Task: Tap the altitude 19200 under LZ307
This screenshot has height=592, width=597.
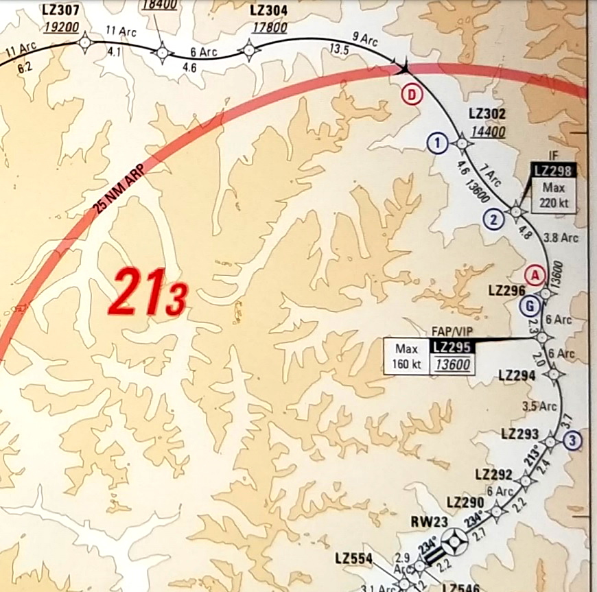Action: [61, 27]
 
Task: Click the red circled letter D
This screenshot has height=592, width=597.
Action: [411, 95]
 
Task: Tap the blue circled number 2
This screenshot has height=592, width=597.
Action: [494, 220]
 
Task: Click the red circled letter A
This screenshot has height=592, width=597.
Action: [534, 275]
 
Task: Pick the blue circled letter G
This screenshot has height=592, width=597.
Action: [528, 307]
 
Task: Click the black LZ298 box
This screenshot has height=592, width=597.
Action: [554, 171]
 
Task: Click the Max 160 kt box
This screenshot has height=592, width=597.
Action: [406, 356]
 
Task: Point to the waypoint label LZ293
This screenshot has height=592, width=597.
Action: [520, 434]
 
